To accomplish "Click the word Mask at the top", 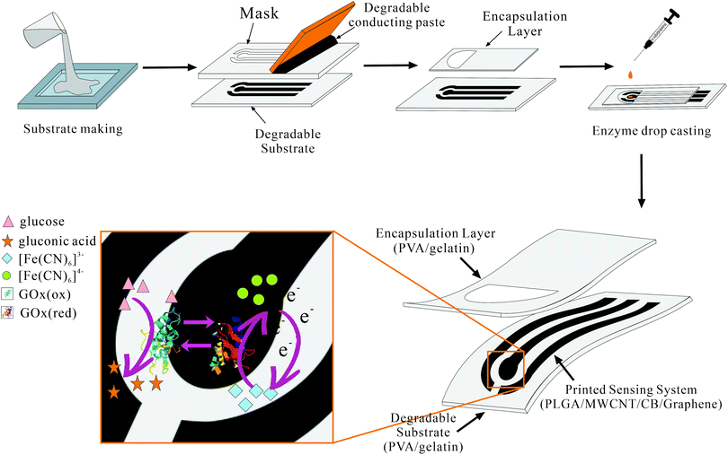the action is point(259,13).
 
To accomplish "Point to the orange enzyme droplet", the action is point(630,74).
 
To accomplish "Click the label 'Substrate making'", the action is point(73,128).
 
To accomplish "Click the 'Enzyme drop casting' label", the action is point(652,131).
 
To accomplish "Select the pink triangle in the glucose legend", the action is point(8,222).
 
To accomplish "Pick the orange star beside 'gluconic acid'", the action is point(7,241).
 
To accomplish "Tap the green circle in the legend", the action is point(6,276).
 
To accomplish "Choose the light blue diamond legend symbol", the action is point(6,258).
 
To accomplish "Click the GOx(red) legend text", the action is point(48,313).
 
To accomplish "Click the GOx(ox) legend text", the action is point(45,294).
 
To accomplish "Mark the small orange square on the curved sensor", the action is point(505,369).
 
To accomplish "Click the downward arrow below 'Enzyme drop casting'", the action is point(641,181).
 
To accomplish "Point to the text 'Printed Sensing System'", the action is point(631,389).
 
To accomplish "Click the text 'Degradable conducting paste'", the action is point(397,14).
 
